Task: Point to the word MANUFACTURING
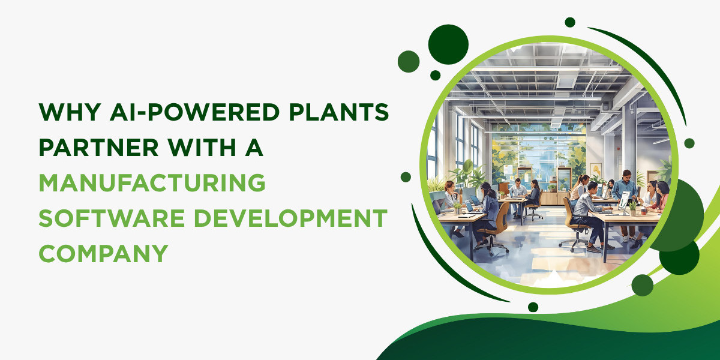tap(152, 182)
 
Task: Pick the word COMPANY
tap(103, 253)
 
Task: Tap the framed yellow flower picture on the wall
tap(595, 170)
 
